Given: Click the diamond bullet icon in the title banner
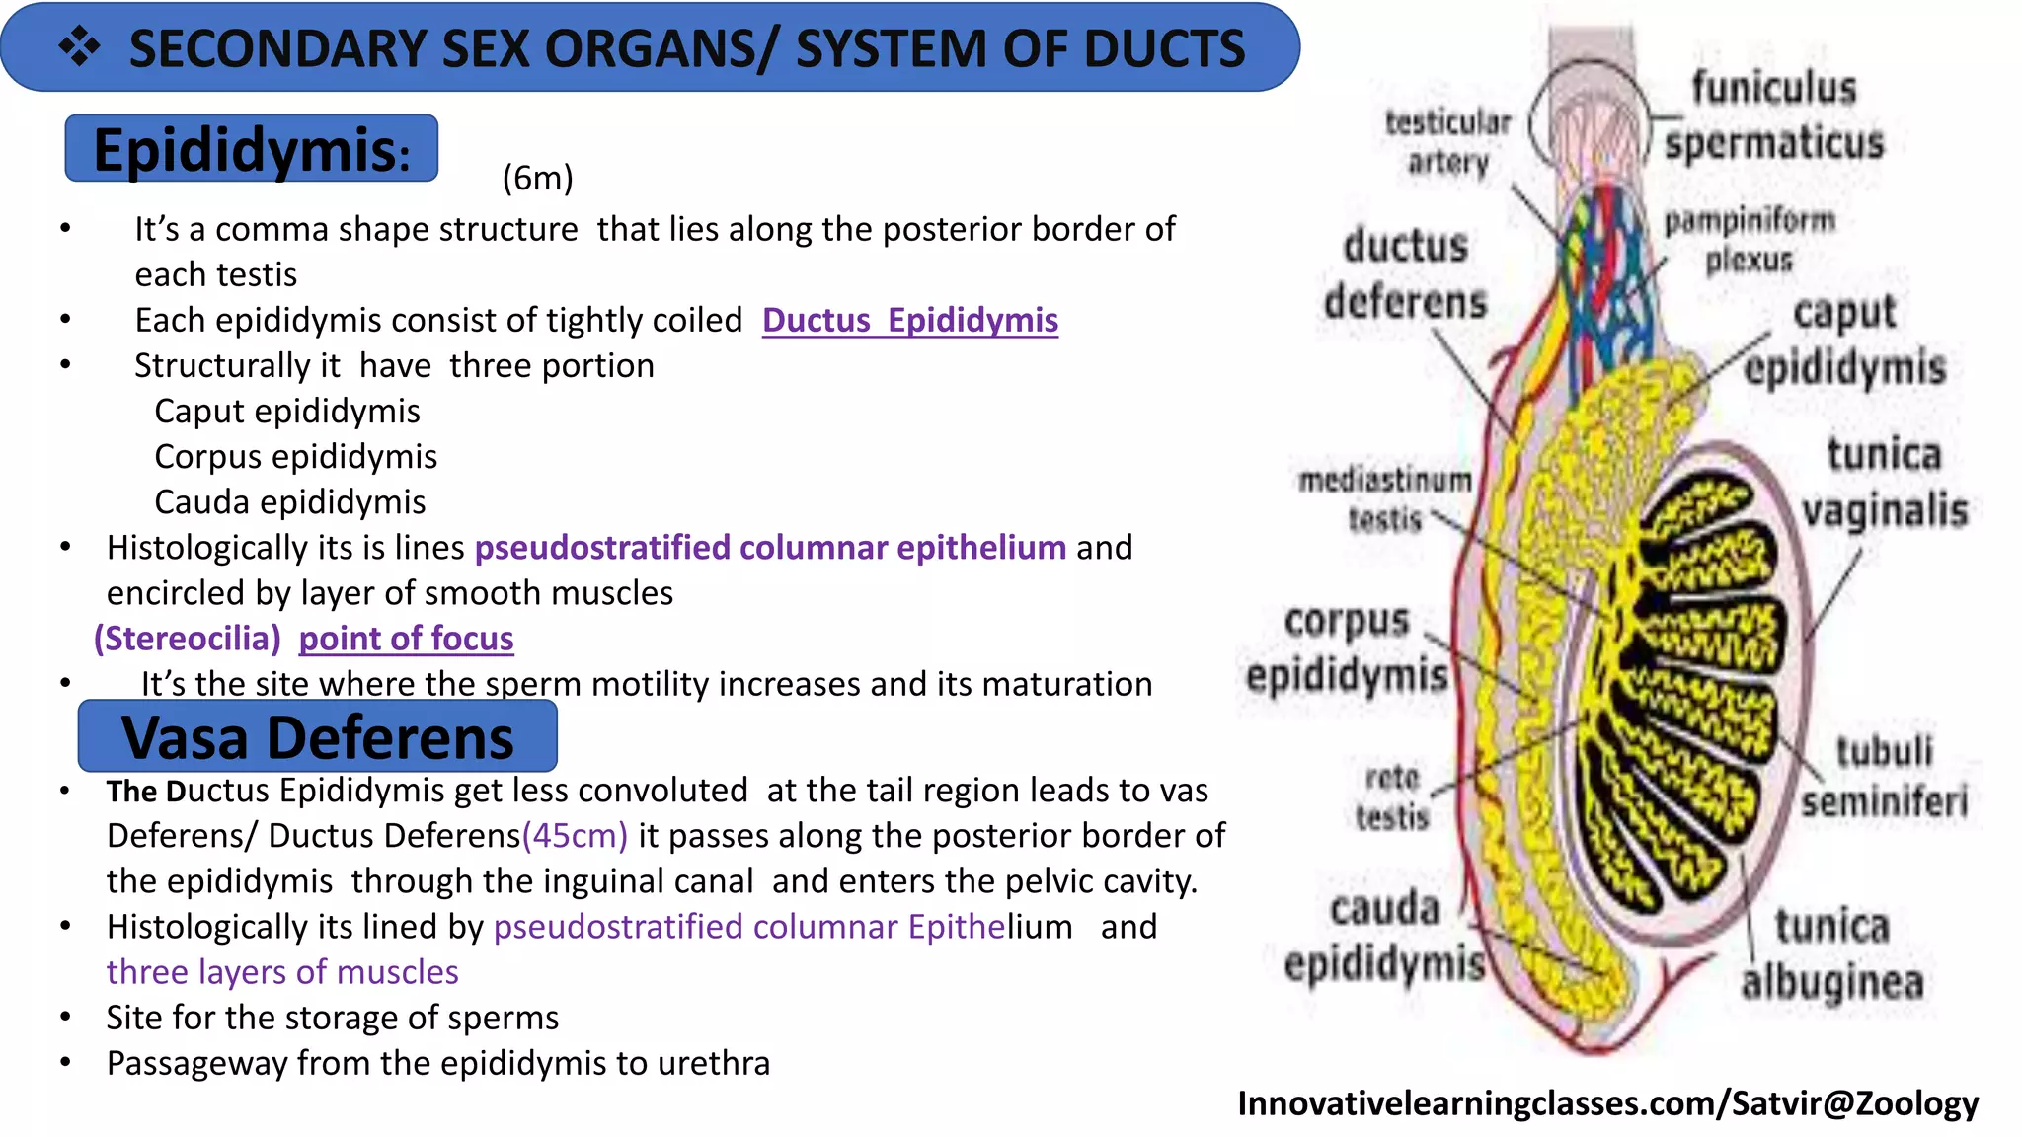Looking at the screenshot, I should pos(79,47).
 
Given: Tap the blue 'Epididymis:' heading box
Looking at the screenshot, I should pos(251,149).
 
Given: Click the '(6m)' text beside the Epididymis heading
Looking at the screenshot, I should pos(537,178).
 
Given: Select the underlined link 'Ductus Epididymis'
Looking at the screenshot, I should pos(909,320).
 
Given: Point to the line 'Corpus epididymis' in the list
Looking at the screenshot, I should pos(295,456).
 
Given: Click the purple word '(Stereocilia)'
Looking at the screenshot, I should pos(188,639).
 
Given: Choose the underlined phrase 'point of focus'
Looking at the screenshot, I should pos(406,639).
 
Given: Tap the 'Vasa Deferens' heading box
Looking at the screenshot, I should pos(317,737).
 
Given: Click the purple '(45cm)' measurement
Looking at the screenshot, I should pos(575,836).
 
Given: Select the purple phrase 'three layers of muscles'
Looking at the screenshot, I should pos(282,972).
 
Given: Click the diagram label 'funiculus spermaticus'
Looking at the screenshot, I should pos(1774,115).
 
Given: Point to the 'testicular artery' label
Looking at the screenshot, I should pos(1447,142).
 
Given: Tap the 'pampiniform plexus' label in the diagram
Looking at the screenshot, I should pos(1749,240).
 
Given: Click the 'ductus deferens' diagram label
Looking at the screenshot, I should pos(1405,273).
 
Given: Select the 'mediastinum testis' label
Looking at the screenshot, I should pos(1384,499).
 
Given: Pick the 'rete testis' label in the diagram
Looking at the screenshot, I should pos(1391,797).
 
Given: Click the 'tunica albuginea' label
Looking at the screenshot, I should pos(1831,953).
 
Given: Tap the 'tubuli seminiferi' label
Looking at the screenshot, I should pos(1884,777).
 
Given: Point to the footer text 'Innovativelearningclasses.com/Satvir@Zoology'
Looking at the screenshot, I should pos(1607,1103).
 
